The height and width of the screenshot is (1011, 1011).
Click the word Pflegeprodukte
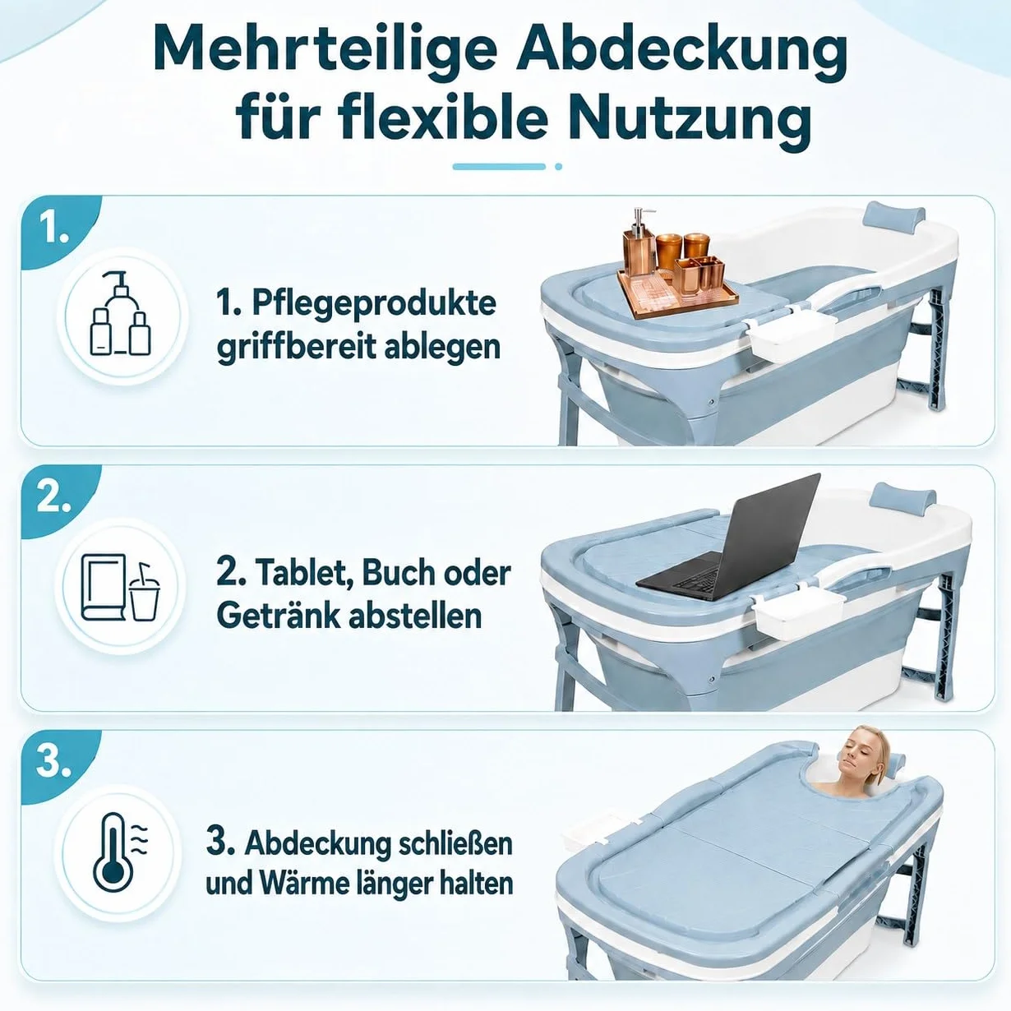(x=373, y=304)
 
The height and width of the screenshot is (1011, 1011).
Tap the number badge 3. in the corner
(x=53, y=761)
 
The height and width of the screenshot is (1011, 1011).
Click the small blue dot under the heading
(x=558, y=167)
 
